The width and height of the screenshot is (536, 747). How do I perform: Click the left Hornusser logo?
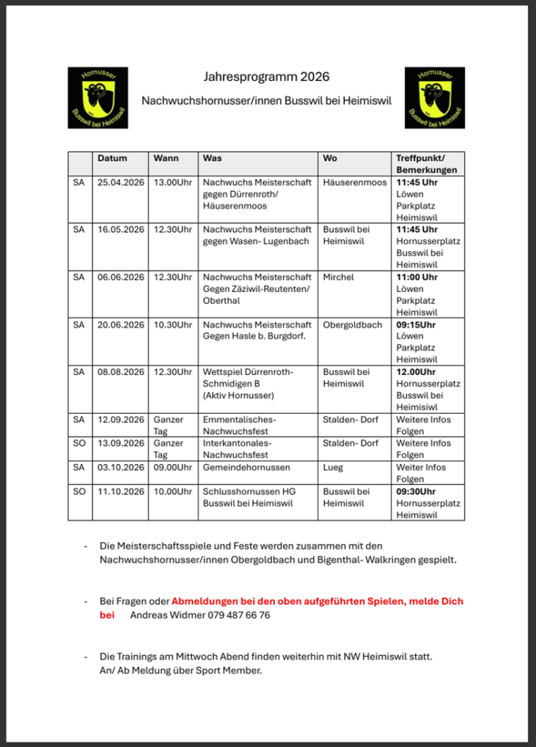[98, 98]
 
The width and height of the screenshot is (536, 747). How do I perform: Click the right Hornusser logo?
[435, 98]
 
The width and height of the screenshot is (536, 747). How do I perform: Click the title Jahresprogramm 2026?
[266, 77]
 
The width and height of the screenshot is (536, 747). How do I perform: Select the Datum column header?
[112, 158]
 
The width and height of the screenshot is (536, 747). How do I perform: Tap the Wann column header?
[166, 158]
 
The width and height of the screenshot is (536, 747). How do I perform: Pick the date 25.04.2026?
[121, 182]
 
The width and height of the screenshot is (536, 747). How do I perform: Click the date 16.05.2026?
[121, 230]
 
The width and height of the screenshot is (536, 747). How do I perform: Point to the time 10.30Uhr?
[173, 325]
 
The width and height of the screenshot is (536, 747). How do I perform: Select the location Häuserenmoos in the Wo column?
[355, 182]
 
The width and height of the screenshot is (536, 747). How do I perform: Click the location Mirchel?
[339, 277]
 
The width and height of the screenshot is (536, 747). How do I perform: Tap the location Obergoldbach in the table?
[352, 325]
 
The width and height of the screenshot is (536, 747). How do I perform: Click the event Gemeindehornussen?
[246, 468]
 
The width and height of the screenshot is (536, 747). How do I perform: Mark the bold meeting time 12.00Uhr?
[416, 372]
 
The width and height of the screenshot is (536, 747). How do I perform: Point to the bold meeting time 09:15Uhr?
[416, 325]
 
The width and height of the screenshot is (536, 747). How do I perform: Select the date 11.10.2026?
[121, 492]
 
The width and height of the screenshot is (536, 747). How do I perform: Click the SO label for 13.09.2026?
[79, 444]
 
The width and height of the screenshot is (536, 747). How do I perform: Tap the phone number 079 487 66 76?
[234, 615]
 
